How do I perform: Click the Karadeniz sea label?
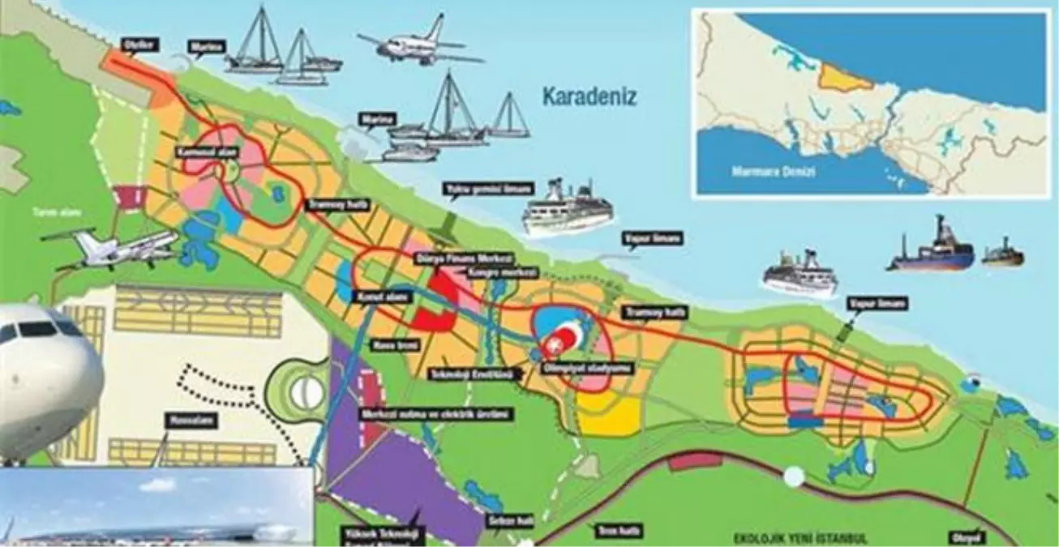tap(590, 98)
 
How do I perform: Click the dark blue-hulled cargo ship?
tap(932, 250)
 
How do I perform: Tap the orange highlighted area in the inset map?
tap(843, 77)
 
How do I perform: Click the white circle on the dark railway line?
tap(794, 476)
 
